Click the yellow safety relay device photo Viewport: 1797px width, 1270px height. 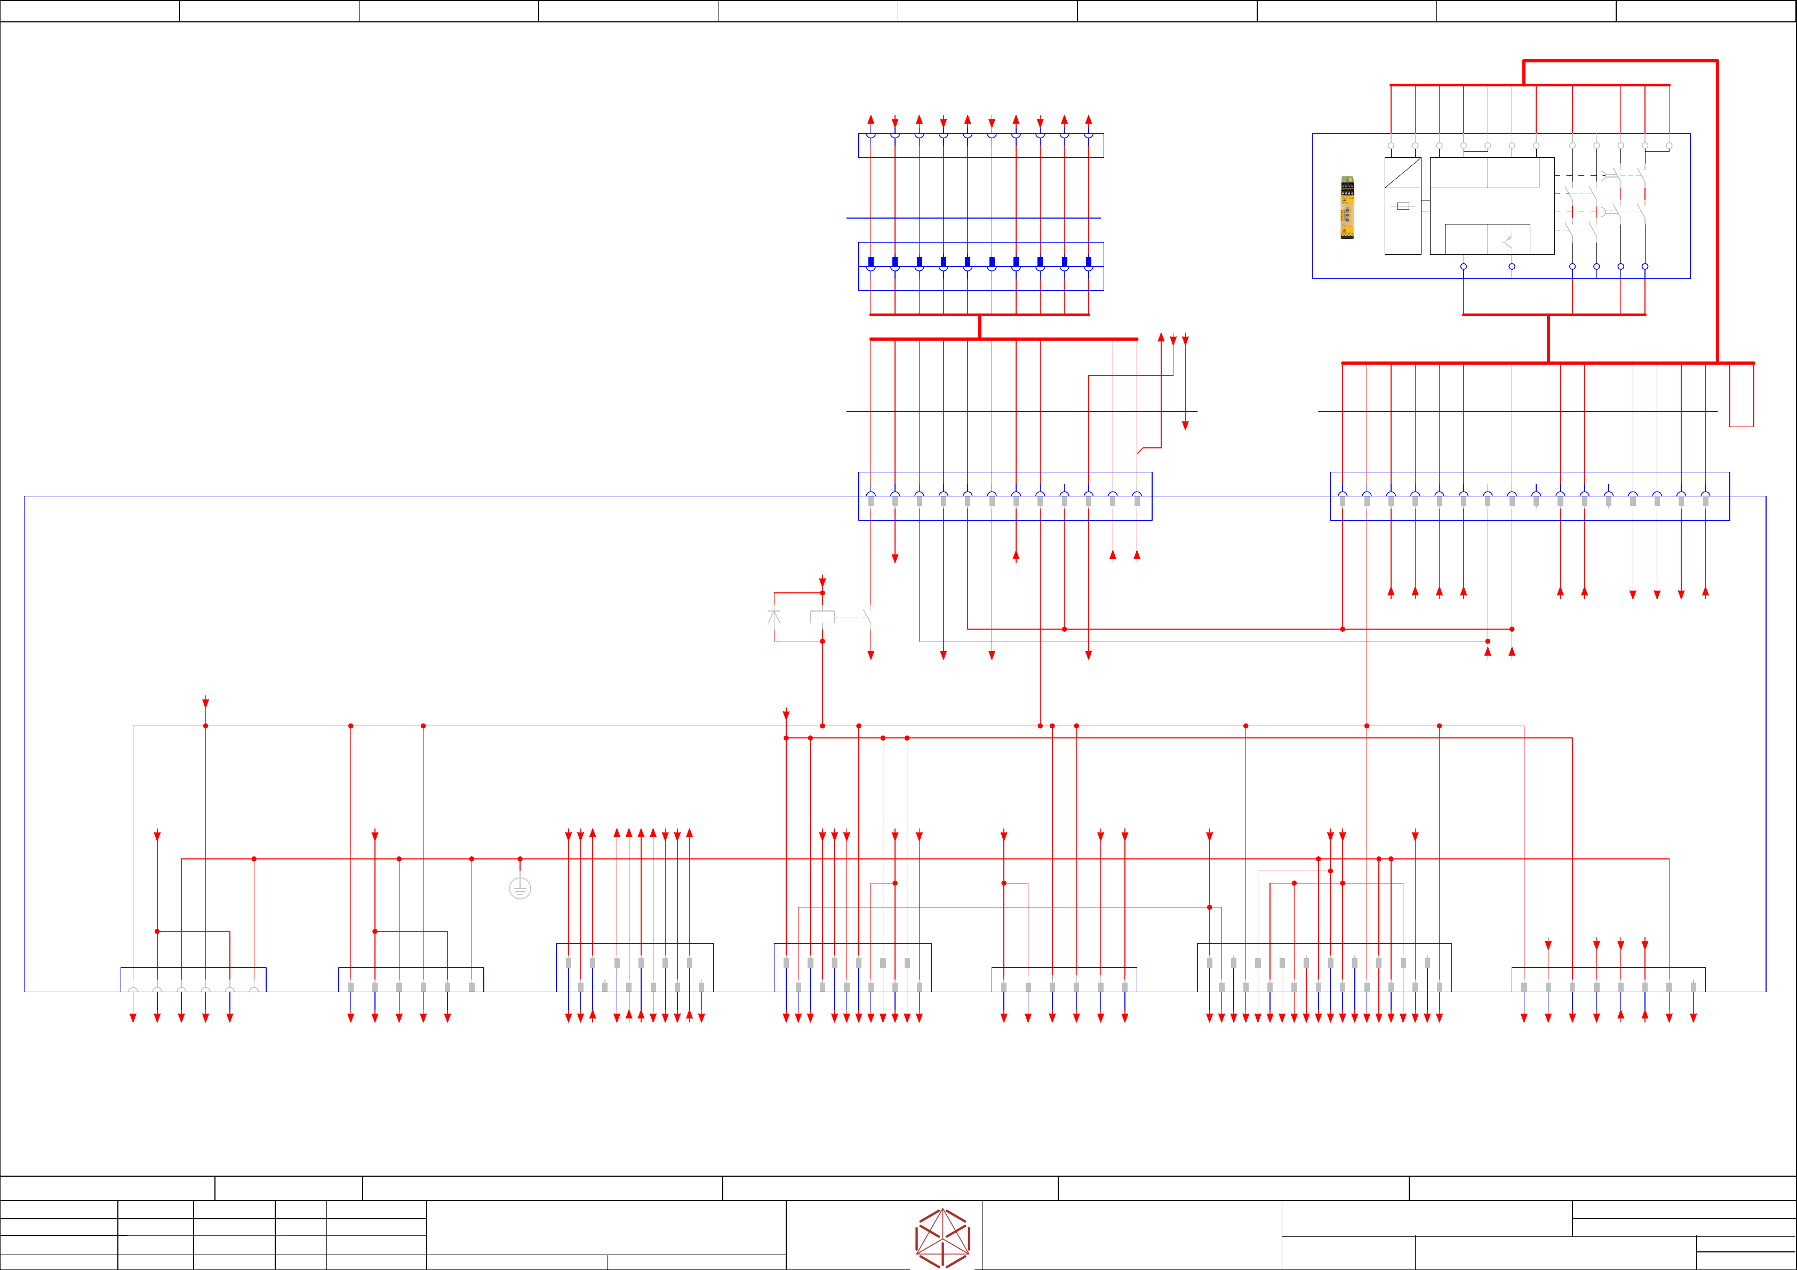click(x=1347, y=207)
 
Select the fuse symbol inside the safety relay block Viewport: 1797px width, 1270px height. click(x=1402, y=206)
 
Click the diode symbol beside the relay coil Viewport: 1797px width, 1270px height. click(x=774, y=617)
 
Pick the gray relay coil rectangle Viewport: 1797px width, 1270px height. click(x=822, y=617)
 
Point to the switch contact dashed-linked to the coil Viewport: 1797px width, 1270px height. click(x=867, y=617)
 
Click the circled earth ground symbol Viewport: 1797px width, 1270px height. click(x=520, y=888)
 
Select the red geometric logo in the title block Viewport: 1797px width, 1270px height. click(x=943, y=1238)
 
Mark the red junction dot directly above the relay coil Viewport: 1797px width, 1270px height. click(x=822, y=593)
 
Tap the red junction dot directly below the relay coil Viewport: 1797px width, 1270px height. click(x=822, y=641)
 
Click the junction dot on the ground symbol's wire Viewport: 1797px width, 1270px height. click(x=520, y=858)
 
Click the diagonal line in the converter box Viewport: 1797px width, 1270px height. click(x=1402, y=173)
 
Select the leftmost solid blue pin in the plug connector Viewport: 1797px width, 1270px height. click(x=870, y=261)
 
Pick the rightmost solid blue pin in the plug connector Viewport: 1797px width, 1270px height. click(x=1088, y=261)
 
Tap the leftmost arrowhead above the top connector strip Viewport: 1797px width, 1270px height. click(x=870, y=120)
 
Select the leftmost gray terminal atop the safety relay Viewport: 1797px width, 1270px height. click(x=1391, y=146)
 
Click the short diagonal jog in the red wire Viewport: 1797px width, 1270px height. click(x=1140, y=451)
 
